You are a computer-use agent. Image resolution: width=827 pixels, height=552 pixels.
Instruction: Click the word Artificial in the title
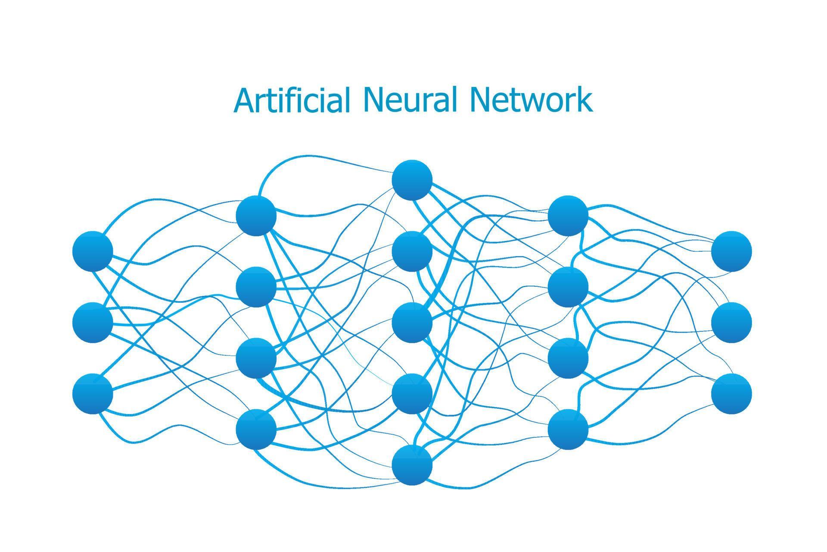[291, 100]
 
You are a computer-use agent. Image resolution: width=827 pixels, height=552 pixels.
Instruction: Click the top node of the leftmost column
[93, 251]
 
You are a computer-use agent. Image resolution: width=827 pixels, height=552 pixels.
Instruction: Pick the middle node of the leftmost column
[93, 323]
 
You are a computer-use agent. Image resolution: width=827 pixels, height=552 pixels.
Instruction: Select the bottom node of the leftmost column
[93, 394]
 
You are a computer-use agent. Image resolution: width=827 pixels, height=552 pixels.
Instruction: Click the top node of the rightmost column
[731, 251]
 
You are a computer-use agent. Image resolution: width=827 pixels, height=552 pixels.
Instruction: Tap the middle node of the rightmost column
[731, 323]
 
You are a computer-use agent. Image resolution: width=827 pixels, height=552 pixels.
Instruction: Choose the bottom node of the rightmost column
[731, 394]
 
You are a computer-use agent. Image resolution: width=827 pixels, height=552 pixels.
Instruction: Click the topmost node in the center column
[412, 180]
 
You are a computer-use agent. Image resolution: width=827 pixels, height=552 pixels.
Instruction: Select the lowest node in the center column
[412, 465]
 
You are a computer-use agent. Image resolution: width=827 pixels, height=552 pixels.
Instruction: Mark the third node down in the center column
[412, 323]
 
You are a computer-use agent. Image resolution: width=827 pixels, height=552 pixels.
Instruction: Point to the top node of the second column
[256, 216]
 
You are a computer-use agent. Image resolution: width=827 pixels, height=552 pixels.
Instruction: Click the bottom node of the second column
[256, 429]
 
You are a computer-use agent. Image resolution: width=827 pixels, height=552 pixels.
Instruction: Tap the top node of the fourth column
[568, 216]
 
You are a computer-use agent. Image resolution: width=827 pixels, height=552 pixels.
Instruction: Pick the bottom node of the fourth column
[568, 429]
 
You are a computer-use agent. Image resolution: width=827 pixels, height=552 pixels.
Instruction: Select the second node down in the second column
[256, 287]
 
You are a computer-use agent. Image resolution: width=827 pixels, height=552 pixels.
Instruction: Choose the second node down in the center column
[412, 251]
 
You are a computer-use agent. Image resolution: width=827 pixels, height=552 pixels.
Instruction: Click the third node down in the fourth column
[568, 358]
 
